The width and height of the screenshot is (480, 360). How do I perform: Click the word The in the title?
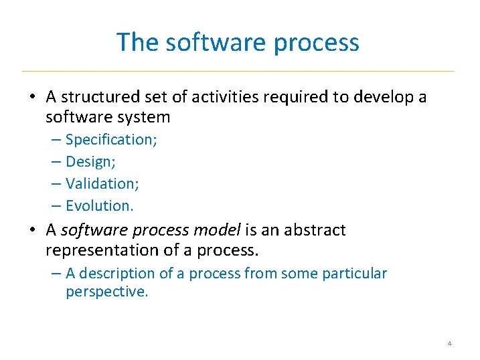pos(138,42)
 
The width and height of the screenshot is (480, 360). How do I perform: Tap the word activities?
pos(226,98)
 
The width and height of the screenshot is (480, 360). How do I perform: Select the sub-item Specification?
pos(111,140)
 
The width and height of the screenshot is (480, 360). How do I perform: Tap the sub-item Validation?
pos(102,183)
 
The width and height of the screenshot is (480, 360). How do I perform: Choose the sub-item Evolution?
pos(100,205)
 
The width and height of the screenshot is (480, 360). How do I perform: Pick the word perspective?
pos(106,292)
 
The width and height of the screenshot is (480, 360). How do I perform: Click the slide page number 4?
pos(449,344)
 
